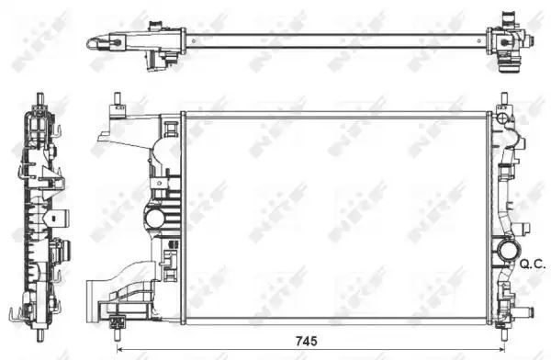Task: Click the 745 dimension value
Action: [307, 341]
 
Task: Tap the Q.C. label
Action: [533, 264]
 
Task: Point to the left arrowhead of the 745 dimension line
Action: [119, 349]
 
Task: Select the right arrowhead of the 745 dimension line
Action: [501, 349]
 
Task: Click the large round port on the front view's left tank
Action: [154, 218]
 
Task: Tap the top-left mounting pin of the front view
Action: [117, 99]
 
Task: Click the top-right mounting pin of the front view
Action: [504, 98]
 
